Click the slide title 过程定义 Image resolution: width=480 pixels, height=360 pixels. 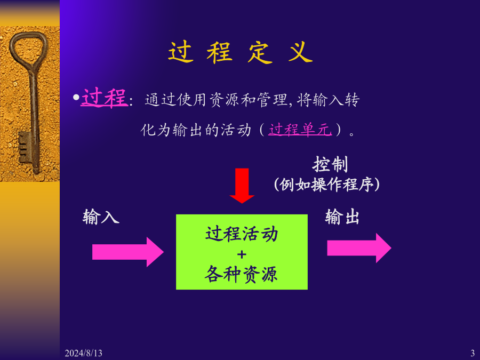click(x=240, y=53)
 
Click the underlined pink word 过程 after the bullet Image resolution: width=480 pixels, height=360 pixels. click(x=103, y=99)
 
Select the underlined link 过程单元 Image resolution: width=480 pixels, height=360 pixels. click(x=300, y=130)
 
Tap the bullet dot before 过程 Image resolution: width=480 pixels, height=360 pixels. click(x=75, y=98)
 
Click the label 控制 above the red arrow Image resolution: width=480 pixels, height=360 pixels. click(x=330, y=164)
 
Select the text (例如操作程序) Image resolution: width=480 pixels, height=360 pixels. click(x=327, y=184)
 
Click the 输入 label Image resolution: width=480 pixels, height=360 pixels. click(x=101, y=217)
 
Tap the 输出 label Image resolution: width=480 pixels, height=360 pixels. click(x=342, y=217)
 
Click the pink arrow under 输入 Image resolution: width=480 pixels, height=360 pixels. click(x=127, y=252)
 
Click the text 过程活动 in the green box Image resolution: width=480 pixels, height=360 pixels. click(x=242, y=234)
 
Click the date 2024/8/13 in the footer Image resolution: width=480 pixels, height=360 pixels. click(x=83, y=353)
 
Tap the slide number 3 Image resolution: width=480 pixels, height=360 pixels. click(x=473, y=353)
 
